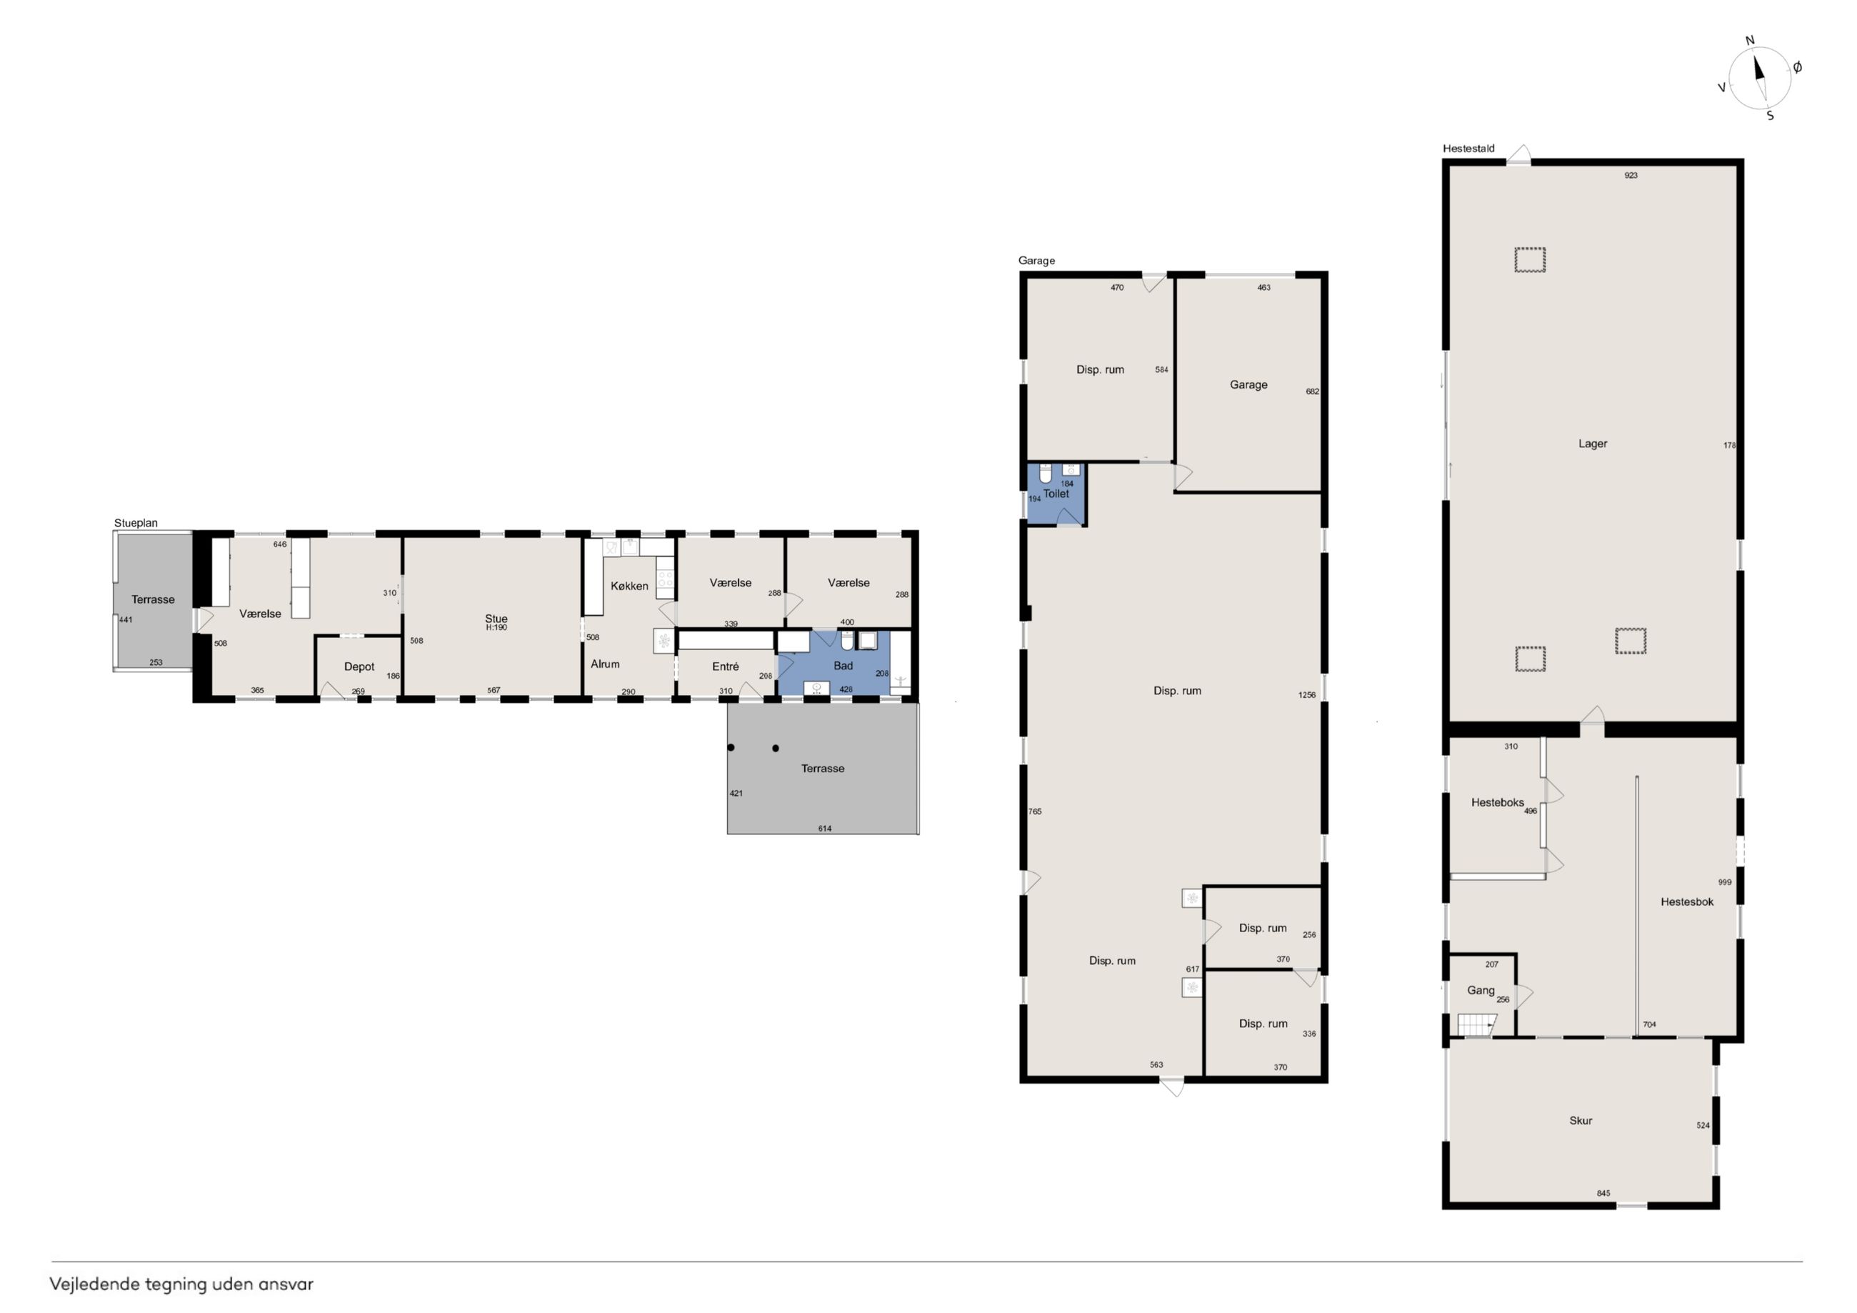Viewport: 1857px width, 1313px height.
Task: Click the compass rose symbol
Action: tap(1759, 78)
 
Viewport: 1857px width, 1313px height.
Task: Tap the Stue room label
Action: tap(496, 619)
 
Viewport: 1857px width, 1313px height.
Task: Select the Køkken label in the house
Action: tap(629, 586)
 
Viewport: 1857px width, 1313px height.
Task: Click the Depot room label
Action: tap(359, 667)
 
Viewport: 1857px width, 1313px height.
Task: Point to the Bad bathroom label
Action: tap(843, 666)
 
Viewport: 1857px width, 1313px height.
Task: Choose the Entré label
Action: tap(726, 667)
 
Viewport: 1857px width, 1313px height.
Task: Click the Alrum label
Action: tap(605, 664)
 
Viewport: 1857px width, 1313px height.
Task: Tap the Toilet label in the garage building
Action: tap(1056, 494)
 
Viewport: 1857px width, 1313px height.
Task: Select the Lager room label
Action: tap(1593, 444)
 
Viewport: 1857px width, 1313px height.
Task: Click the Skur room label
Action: tap(1581, 1120)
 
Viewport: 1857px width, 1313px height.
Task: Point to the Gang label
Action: tap(1481, 990)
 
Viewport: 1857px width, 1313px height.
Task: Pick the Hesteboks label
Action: tap(1497, 802)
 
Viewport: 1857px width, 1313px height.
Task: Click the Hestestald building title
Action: tap(1468, 149)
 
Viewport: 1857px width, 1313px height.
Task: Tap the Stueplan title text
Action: tap(136, 524)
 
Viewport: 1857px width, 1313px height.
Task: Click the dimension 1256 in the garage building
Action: tap(1307, 695)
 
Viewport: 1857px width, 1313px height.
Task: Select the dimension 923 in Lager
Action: tap(1631, 176)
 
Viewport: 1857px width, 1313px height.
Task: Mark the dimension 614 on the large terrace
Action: tap(824, 829)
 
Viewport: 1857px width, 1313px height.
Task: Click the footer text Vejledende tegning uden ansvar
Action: tap(181, 1284)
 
